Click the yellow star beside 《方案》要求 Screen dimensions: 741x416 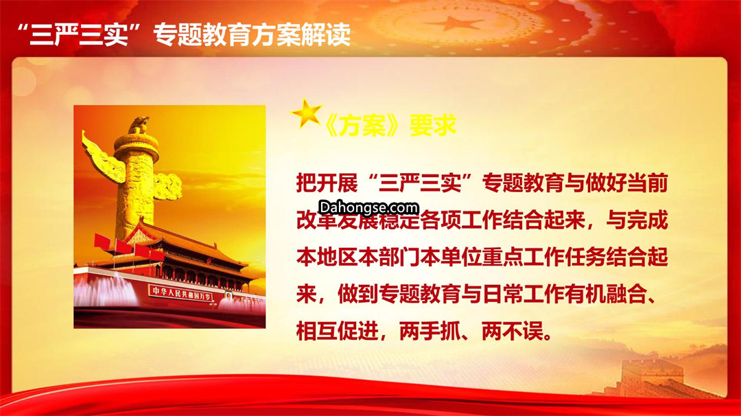307,113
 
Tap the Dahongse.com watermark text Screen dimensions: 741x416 368,207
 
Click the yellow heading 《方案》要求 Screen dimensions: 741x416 390,126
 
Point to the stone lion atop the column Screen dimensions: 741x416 139,125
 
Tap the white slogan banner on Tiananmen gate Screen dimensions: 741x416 180,293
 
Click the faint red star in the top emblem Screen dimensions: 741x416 456,23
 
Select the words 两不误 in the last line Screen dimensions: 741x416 512,332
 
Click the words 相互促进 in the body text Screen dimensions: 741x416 337,332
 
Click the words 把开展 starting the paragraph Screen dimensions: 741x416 327,183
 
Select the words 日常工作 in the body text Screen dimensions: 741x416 523,294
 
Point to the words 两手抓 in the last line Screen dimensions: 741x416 430,332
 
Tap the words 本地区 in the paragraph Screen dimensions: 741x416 327,257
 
